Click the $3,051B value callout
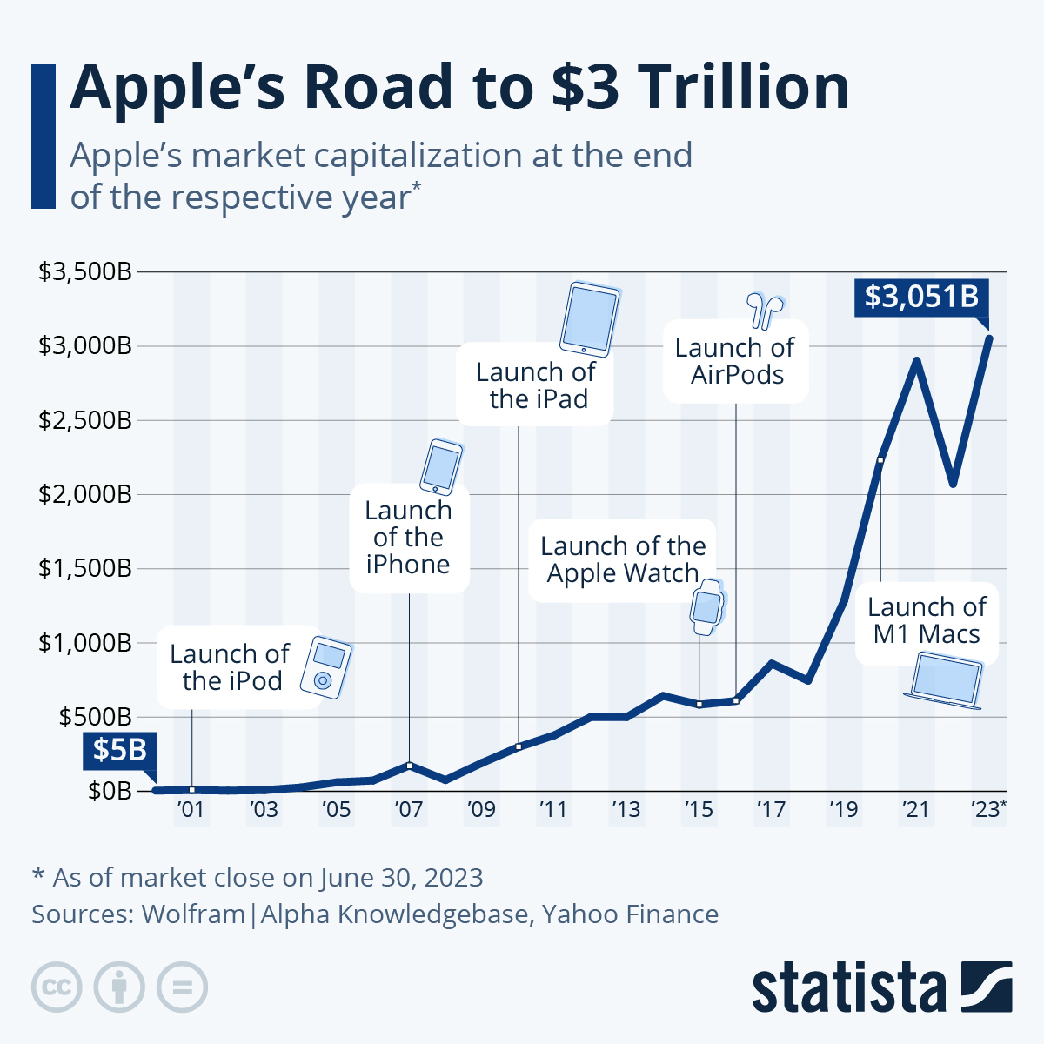coord(921,297)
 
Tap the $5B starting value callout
coord(119,749)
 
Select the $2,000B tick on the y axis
coord(84,494)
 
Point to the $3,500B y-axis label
coord(84,271)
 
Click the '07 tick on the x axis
coord(408,809)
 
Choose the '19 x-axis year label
coord(843,809)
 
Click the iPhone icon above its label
coord(441,467)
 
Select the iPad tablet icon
coord(591,318)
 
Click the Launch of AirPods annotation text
coord(735,361)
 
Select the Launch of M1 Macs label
coord(927,620)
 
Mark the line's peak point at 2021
coord(916,359)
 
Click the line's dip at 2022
coord(953,484)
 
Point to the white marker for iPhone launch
coord(409,765)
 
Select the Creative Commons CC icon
coord(57,987)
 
